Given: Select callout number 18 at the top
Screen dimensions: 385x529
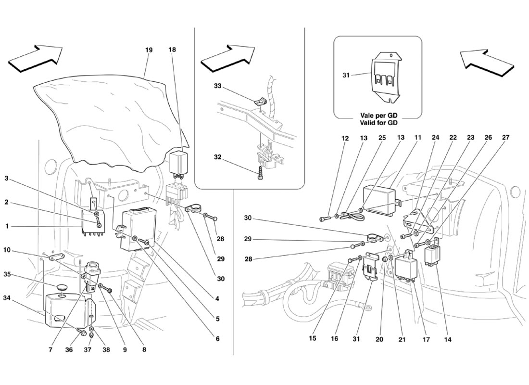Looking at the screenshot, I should (173, 49).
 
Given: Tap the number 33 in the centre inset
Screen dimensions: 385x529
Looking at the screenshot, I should (218, 86).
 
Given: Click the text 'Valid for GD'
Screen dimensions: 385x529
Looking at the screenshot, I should (378, 123).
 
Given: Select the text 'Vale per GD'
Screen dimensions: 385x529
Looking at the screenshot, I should (378, 116).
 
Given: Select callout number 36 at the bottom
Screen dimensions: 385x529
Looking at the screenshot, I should (69, 350).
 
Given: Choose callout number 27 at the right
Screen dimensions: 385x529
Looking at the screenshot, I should (505, 138).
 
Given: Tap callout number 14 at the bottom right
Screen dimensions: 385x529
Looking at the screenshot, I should (448, 339).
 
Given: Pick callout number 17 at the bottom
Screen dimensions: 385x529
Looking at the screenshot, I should (426, 339).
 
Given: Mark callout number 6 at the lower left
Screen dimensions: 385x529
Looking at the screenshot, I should (217, 339).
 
